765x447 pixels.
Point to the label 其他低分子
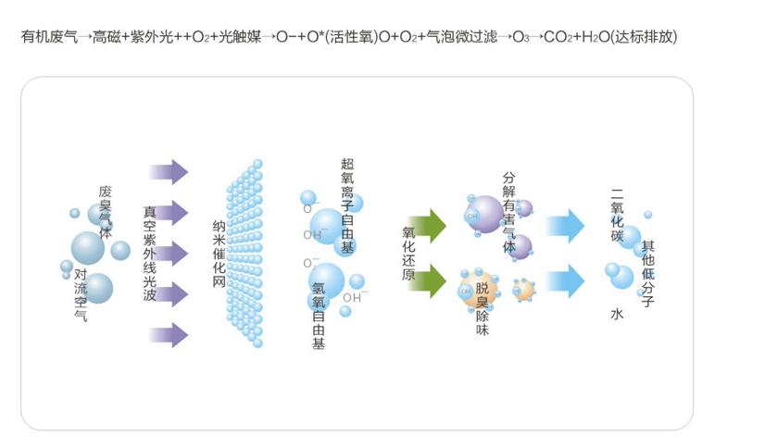(x=648, y=274)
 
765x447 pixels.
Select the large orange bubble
(x=478, y=289)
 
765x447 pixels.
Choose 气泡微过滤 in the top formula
(x=458, y=38)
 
